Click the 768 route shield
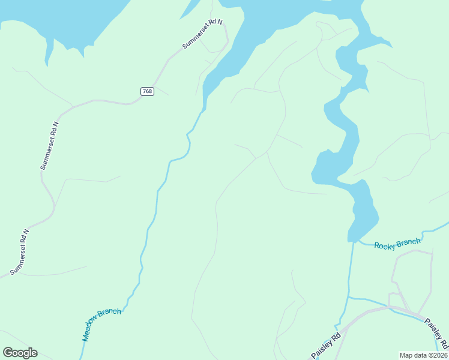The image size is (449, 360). tap(148, 91)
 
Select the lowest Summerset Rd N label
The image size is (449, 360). tap(19, 251)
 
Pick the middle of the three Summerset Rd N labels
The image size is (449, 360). tap(49, 145)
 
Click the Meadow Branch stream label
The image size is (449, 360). tap(101, 324)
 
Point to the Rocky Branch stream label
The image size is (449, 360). tap(397, 243)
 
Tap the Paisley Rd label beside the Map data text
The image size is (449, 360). tap(436, 334)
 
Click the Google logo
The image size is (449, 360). tap(20, 353)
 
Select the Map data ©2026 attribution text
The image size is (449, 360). tap(424, 355)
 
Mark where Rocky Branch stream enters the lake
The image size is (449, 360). tap(357, 241)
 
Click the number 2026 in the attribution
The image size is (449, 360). tap(439, 355)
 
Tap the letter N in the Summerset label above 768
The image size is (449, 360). tap(220, 22)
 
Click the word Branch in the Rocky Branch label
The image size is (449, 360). tap(408, 242)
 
